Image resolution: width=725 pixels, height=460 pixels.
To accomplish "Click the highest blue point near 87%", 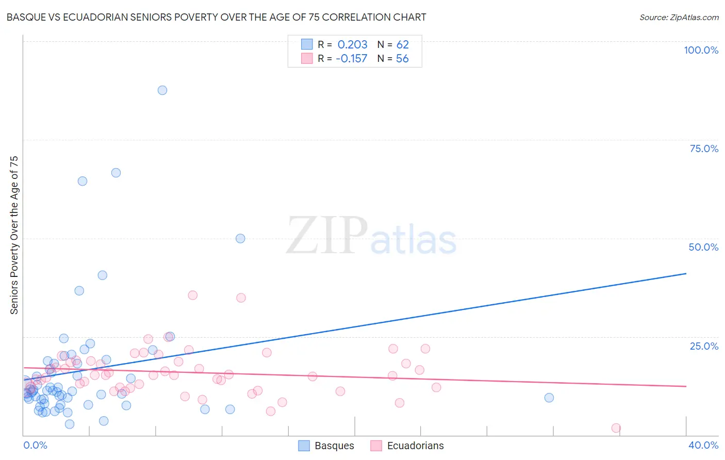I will pyautogui.click(x=162, y=90).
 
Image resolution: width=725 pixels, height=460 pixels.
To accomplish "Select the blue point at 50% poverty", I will pyautogui.click(x=240, y=238).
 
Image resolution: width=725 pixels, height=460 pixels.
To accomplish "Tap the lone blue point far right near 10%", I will pyautogui.click(x=549, y=398).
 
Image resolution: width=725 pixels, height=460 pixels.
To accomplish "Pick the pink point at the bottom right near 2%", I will pyautogui.click(x=616, y=428).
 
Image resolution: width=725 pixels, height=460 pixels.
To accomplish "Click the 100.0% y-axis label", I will pyautogui.click(x=701, y=50).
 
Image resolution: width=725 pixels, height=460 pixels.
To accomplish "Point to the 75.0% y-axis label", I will pyautogui.click(x=704, y=149).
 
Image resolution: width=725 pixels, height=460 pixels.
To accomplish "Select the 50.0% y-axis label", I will pyautogui.click(x=703, y=247).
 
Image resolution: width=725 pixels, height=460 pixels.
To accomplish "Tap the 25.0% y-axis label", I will pyautogui.click(x=704, y=346).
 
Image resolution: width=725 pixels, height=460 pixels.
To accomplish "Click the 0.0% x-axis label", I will pyautogui.click(x=35, y=445).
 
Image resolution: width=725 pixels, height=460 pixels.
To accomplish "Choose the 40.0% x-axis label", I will pyautogui.click(x=703, y=445).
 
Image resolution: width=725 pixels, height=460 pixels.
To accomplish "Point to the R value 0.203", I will pyautogui.click(x=352, y=45).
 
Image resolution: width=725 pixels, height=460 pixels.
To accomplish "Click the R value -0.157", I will pyautogui.click(x=351, y=59).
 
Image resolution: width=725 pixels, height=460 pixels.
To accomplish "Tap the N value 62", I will pyautogui.click(x=402, y=45).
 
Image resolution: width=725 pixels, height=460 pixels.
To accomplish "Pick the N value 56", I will pyautogui.click(x=402, y=59).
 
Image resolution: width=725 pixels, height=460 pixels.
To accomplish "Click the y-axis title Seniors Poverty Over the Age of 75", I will pyautogui.click(x=14, y=235).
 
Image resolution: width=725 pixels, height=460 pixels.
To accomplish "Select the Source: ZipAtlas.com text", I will pyautogui.click(x=679, y=18).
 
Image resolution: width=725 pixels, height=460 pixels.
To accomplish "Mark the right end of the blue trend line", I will pyautogui.click(x=686, y=273).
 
